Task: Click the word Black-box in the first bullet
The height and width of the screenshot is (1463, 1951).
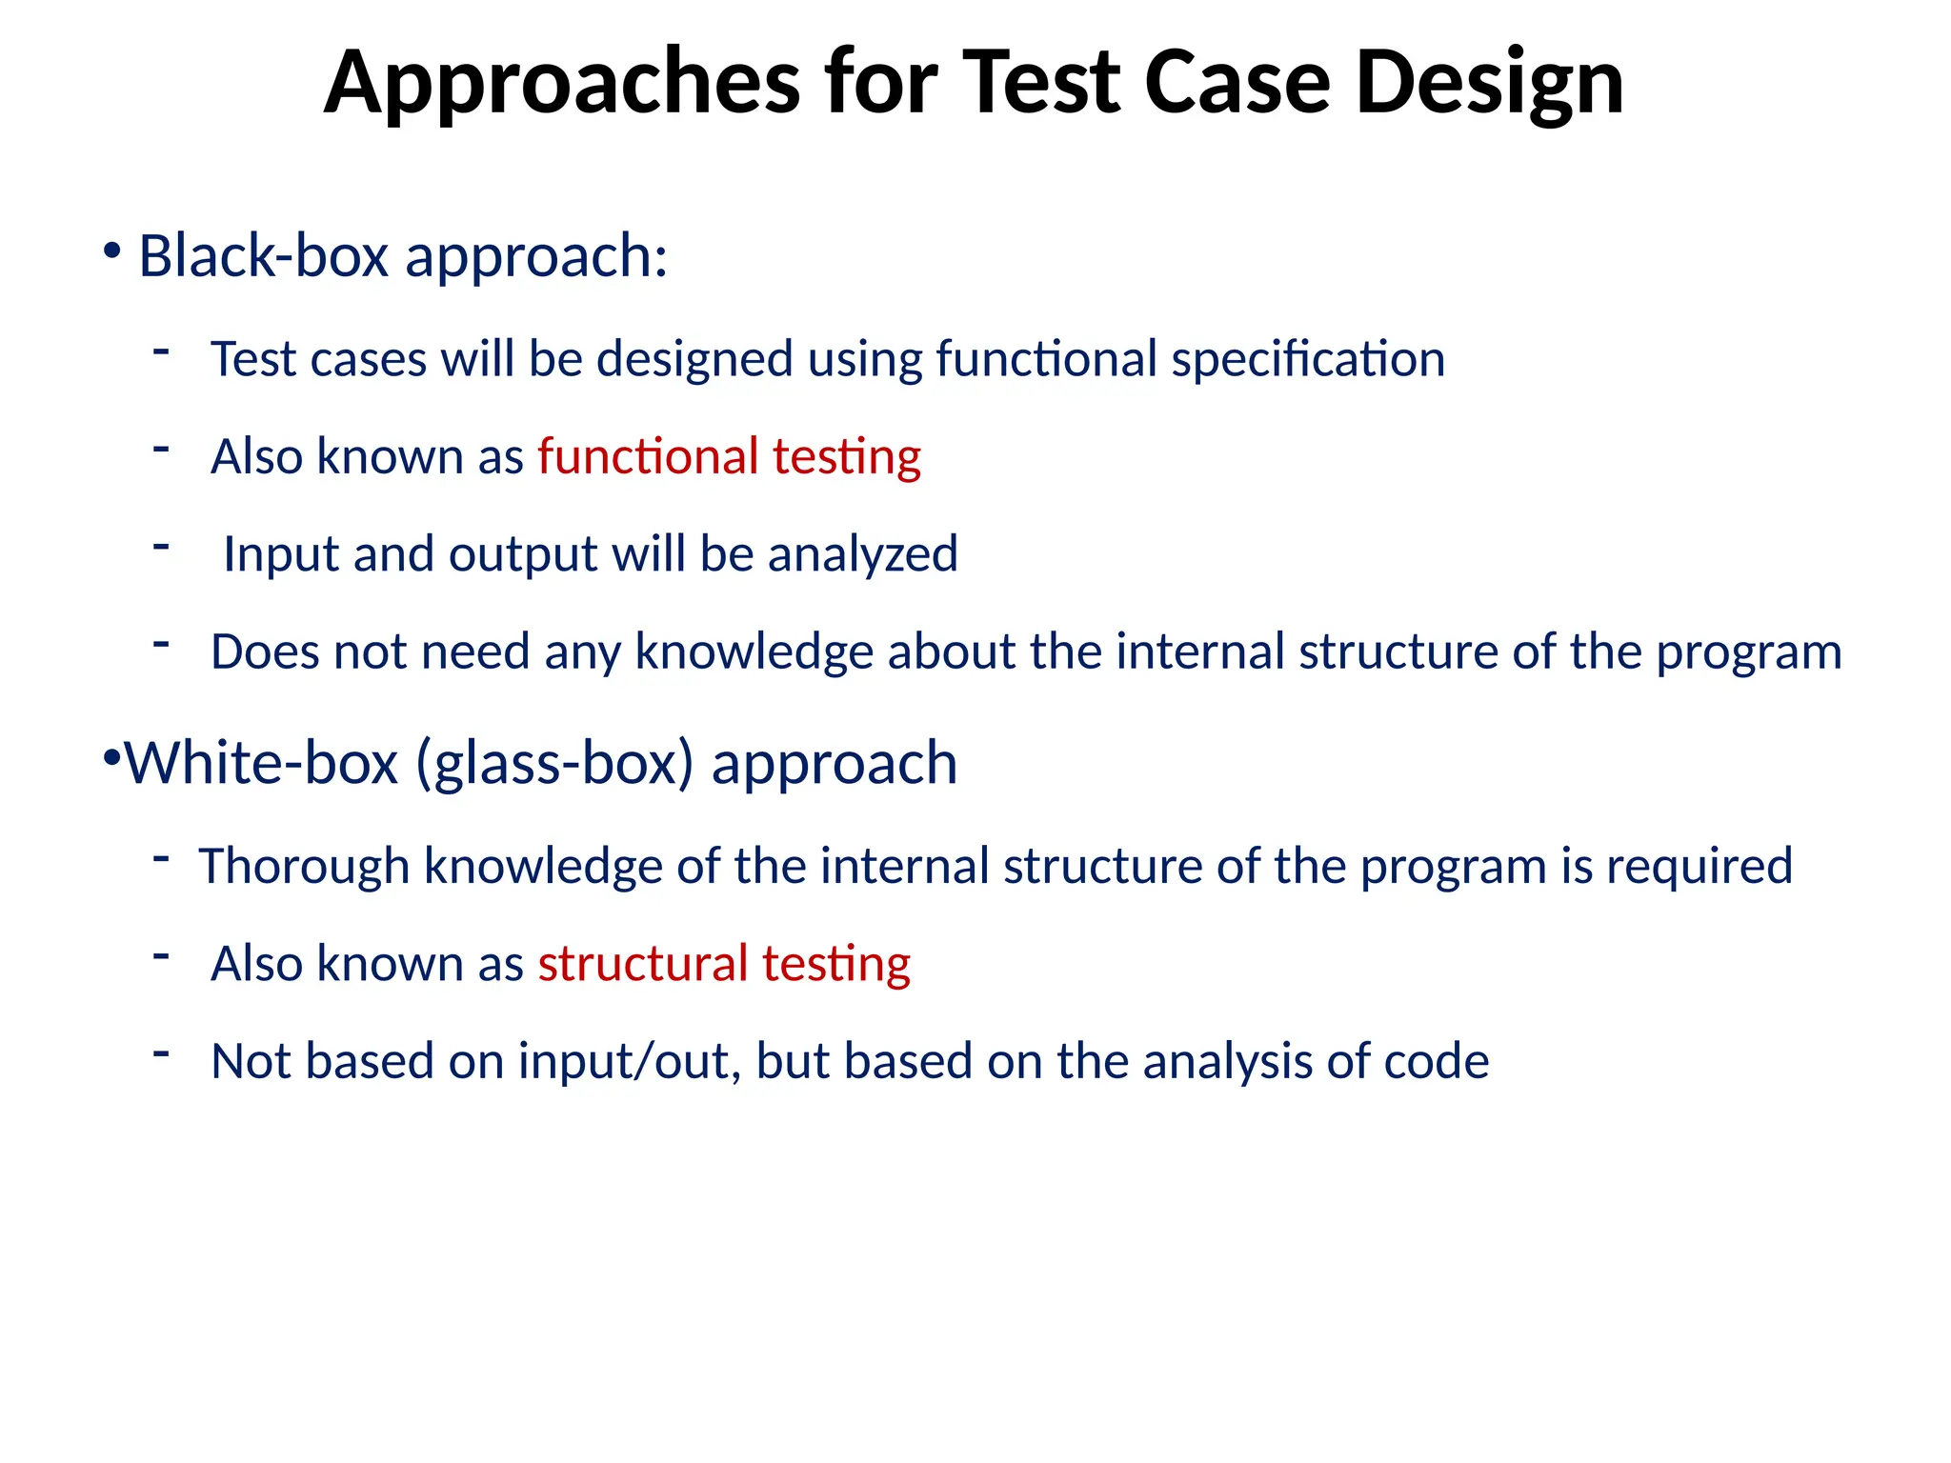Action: click(263, 256)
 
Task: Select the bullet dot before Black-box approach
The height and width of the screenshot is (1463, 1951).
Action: click(112, 252)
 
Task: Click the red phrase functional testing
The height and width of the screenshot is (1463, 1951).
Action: click(729, 456)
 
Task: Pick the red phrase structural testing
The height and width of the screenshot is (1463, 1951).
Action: click(724, 963)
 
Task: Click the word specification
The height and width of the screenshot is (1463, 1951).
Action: click(1308, 360)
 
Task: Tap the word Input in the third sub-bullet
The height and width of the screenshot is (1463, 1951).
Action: click(280, 554)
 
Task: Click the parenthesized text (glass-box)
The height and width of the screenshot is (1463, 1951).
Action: click(554, 763)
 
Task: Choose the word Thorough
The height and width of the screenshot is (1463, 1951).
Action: click(304, 866)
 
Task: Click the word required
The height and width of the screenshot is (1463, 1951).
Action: click(1700, 866)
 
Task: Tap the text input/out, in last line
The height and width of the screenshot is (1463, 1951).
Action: click(630, 1061)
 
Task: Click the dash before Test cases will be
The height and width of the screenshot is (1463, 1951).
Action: click(161, 351)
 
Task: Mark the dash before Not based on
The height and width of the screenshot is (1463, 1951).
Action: click(161, 1052)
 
